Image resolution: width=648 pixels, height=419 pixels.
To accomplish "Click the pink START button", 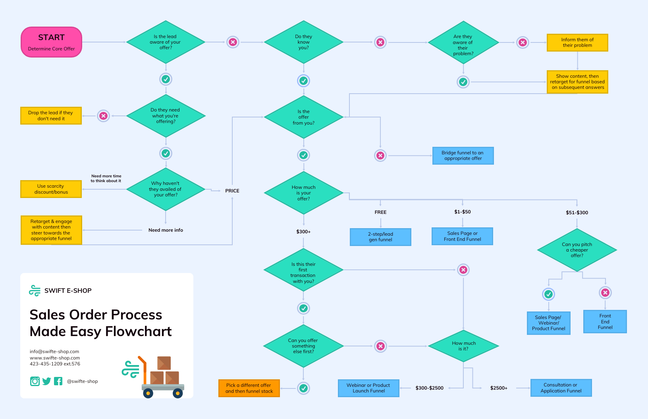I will click(51, 42).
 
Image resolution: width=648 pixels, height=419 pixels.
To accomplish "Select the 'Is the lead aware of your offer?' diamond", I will click(166, 42).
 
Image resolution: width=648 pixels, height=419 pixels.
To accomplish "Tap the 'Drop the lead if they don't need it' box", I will click(51, 115).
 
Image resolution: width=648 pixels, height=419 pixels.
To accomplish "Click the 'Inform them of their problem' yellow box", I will click(577, 42).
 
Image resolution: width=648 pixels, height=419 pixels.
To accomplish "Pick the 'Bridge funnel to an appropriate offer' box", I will click(463, 156).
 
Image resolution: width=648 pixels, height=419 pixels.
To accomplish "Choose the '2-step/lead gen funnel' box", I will click(380, 237).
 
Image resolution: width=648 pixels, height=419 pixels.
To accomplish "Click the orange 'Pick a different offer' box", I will click(249, 388).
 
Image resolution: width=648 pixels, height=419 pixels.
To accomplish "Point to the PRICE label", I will click(232, 191).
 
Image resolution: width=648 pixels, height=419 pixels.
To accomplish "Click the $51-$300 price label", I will click(577, 213).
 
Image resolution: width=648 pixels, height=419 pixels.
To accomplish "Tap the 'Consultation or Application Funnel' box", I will click(561, 388).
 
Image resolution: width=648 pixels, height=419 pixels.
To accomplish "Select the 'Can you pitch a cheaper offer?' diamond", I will click(577, 250).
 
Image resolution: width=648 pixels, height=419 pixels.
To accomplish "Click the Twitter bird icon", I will click(46, 381).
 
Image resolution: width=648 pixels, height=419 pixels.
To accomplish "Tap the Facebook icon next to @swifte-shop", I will click(58, 381).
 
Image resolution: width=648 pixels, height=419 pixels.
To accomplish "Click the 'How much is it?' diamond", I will click(463, 346).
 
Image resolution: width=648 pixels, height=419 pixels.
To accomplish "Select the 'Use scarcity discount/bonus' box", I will click(51, 189).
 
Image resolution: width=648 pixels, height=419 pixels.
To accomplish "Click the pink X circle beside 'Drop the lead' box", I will click(104, 116).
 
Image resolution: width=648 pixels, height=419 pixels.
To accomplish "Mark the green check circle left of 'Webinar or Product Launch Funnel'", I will click(303, 388).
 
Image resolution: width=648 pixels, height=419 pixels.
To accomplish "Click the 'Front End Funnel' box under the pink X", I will click(605, 321).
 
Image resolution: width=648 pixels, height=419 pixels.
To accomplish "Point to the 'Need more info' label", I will click(166, 230).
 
